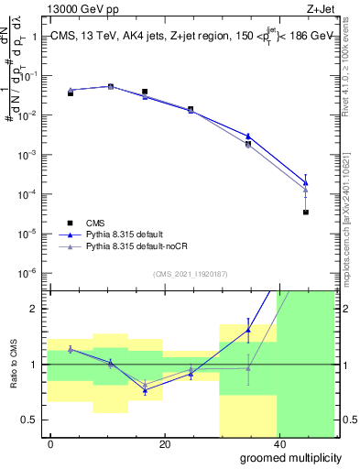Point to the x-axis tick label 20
pyautogui.click(x=164, y=443)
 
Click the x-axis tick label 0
pyautogui.click(x=51, y=443)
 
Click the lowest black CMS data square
pyautogui.click(x=305, y=213)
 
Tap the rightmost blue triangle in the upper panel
pyautogui.click(x=305, y=182)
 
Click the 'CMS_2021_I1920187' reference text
pyautogui.click(x=191, y=274)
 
